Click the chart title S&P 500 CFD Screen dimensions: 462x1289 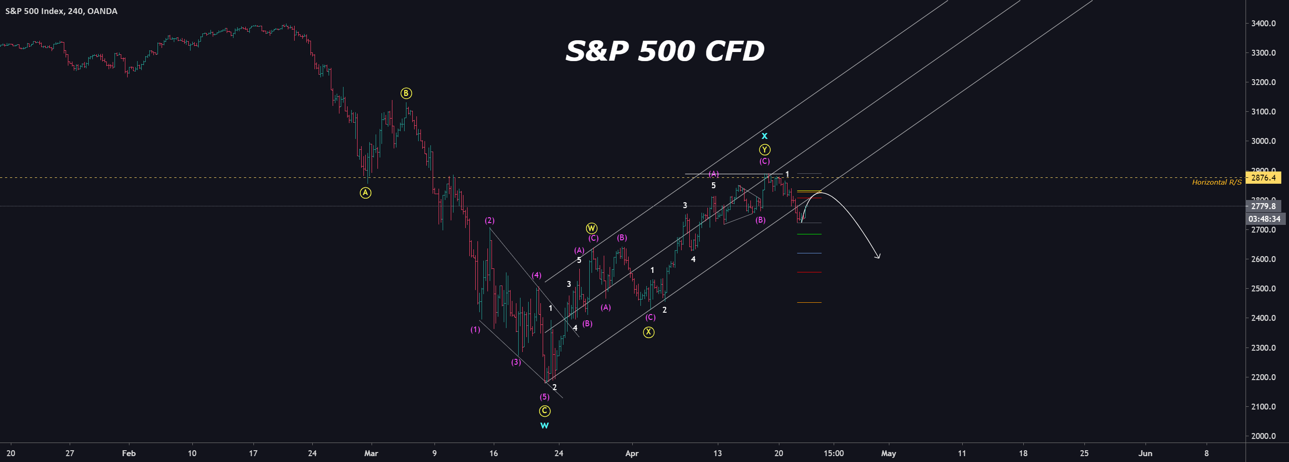coord(664,51)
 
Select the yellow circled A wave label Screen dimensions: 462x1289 coord(365,193)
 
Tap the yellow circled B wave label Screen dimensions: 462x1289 coord(406,93)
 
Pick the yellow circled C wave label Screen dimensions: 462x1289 coord(544,411)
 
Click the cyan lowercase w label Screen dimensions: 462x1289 coord(544,425)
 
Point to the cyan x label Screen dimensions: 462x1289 coord(764,136)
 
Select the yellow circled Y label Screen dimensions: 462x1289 coord(764,149)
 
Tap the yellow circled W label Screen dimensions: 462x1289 coord(592,228)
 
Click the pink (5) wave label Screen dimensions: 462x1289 coord(544,397)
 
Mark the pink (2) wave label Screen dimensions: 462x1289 coord(489,220)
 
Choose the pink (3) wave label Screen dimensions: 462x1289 coord(516,362)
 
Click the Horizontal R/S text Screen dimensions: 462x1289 coord(1217,182)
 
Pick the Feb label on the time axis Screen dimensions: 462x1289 coord(129,453)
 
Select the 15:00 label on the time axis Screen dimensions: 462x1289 coord(833,453)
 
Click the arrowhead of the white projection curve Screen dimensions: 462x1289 coord(878,257)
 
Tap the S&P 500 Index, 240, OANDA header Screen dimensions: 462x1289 coord(61,11)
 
